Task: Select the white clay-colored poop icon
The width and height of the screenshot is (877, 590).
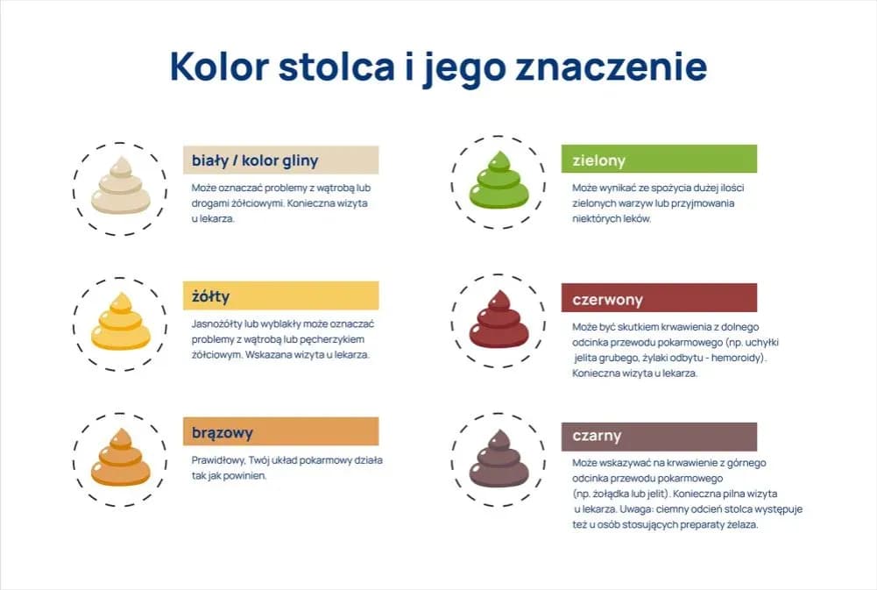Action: (x=120, y=185)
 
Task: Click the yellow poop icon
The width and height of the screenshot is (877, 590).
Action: (x=120, y=321)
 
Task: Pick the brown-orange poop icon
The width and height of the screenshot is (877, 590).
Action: (x=120, y=457)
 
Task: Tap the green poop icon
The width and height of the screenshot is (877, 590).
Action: (x=499, y=180)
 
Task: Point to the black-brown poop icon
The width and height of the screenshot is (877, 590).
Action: (x=499, y=458)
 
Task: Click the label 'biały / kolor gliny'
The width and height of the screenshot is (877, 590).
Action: (x=255, y=160)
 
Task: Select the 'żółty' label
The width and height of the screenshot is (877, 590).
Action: (x=211, y=296)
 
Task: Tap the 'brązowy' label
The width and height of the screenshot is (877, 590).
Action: (x=223, y=432)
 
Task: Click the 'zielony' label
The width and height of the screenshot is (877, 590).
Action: (x=598, y=160)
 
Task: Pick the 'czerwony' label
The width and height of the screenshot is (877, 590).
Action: (x=607, y=298)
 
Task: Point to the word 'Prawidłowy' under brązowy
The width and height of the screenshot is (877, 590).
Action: (x=215, y=460)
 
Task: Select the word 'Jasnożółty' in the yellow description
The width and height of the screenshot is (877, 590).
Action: (x=216, y=323)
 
